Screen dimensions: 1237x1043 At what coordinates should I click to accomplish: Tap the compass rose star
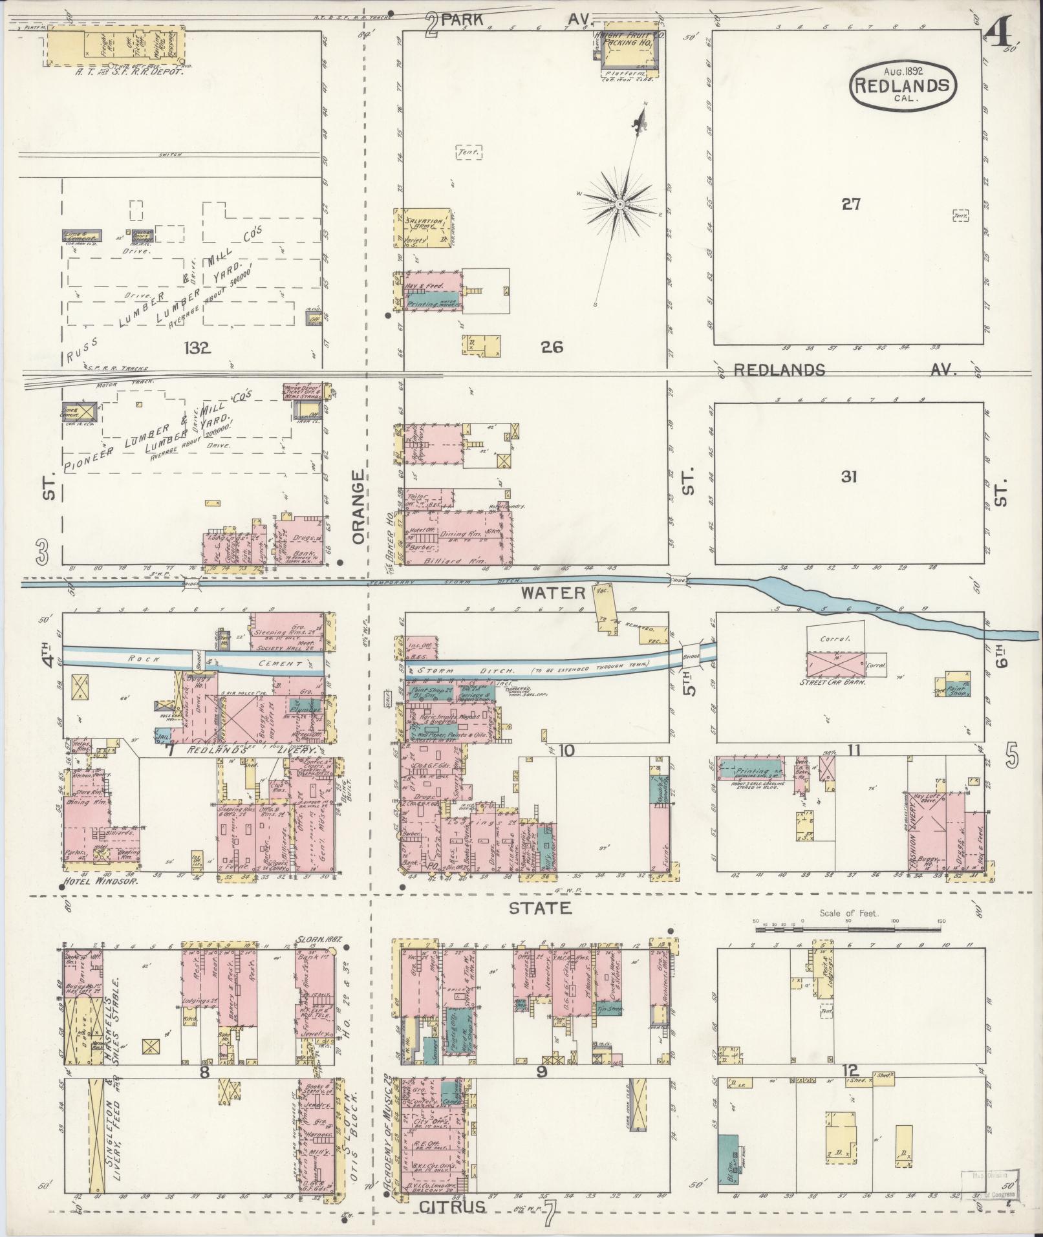point(619,204)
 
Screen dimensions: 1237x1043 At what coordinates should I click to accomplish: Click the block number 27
point(851,205)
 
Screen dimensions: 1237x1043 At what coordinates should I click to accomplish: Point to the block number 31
point(849,477)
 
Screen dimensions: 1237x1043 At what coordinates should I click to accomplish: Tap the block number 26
point(552,347)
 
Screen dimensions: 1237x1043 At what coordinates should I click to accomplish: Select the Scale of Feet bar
point(849,929)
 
